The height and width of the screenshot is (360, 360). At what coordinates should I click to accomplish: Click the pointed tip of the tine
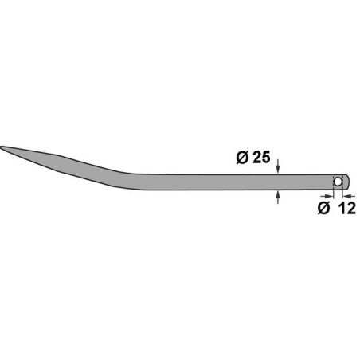3,147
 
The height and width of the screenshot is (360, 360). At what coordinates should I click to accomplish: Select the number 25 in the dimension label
257,158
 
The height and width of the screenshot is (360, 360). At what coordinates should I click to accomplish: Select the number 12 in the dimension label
342,209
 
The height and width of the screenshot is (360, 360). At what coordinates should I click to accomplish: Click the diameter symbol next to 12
323,209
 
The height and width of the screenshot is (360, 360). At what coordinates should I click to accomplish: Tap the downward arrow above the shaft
276,168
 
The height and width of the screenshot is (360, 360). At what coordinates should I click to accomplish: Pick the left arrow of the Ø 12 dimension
328,194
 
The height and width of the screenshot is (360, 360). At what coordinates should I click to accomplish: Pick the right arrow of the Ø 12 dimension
347,194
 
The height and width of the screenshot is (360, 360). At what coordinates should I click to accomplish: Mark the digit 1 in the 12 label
338,209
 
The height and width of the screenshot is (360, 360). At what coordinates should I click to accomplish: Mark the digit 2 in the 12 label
347,209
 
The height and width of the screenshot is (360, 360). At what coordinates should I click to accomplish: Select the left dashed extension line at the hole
334,190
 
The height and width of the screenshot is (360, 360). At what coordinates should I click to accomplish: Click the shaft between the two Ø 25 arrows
276,182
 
